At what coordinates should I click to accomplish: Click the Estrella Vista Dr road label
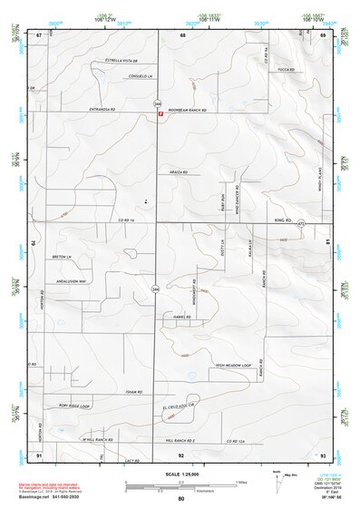(x=124, y=62)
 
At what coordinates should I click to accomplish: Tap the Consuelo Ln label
(x=126, y=75)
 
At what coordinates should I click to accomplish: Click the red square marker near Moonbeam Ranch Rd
(x=161, y=115)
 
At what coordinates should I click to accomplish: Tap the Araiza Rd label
(x=178, y=170)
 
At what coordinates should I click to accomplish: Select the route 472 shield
(x=300, y=222)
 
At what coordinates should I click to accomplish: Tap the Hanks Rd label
(x=180, y=317)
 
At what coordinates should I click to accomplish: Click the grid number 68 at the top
(x=182, y=34)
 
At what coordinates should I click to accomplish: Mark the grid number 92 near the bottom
(x=181, y=454)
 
